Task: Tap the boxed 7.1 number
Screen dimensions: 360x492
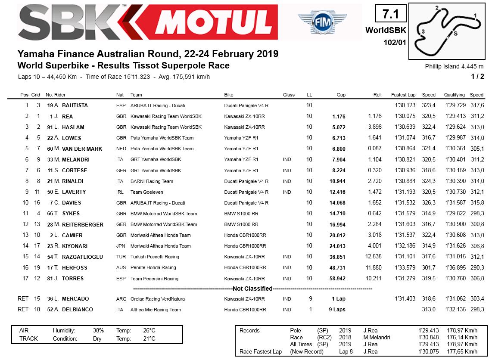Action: (x=391, y=14)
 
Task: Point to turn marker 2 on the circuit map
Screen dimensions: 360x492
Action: (x=437, y=8)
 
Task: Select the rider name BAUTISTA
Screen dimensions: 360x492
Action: (x=75, y=106)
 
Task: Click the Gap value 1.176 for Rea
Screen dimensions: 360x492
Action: (x=339, y=116)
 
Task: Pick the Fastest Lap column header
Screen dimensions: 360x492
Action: (x=403, y=95)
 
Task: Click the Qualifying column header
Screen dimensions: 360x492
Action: (x=455, y=95)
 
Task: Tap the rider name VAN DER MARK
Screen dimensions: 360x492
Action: (x=82, y=149)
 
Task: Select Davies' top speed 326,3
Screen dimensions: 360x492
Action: (x=429, y=203)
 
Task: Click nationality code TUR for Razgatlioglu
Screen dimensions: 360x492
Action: (x=121, y=257)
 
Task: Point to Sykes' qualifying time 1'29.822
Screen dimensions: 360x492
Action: (x=455, y=214)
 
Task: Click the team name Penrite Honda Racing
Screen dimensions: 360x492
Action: (x=153, y=268)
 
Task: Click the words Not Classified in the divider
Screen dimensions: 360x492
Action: (x=252, y=289)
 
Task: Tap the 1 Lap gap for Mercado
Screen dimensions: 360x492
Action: (x=339, y=299)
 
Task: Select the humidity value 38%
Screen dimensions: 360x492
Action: (x=98, y=331)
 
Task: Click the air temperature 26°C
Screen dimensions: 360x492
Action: (x=149, y=331)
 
